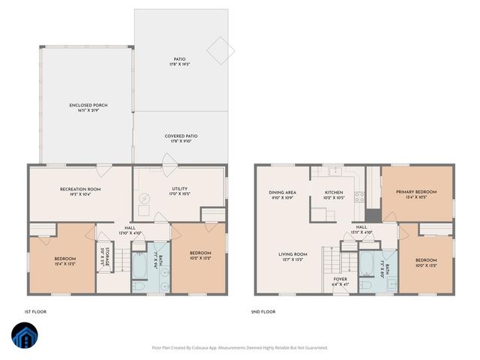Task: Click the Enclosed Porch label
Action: (88, 108)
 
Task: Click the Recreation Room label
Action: (80, 192)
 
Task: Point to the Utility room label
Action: (179, 192)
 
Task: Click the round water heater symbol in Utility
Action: (146, 199)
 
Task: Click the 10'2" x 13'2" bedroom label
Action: (200, 256)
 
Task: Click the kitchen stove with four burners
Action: (359, 199)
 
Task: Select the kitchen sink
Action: (328, 172)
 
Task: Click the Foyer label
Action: (340, 282)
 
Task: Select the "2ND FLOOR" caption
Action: (264, 311)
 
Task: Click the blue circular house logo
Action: (24, 337)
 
